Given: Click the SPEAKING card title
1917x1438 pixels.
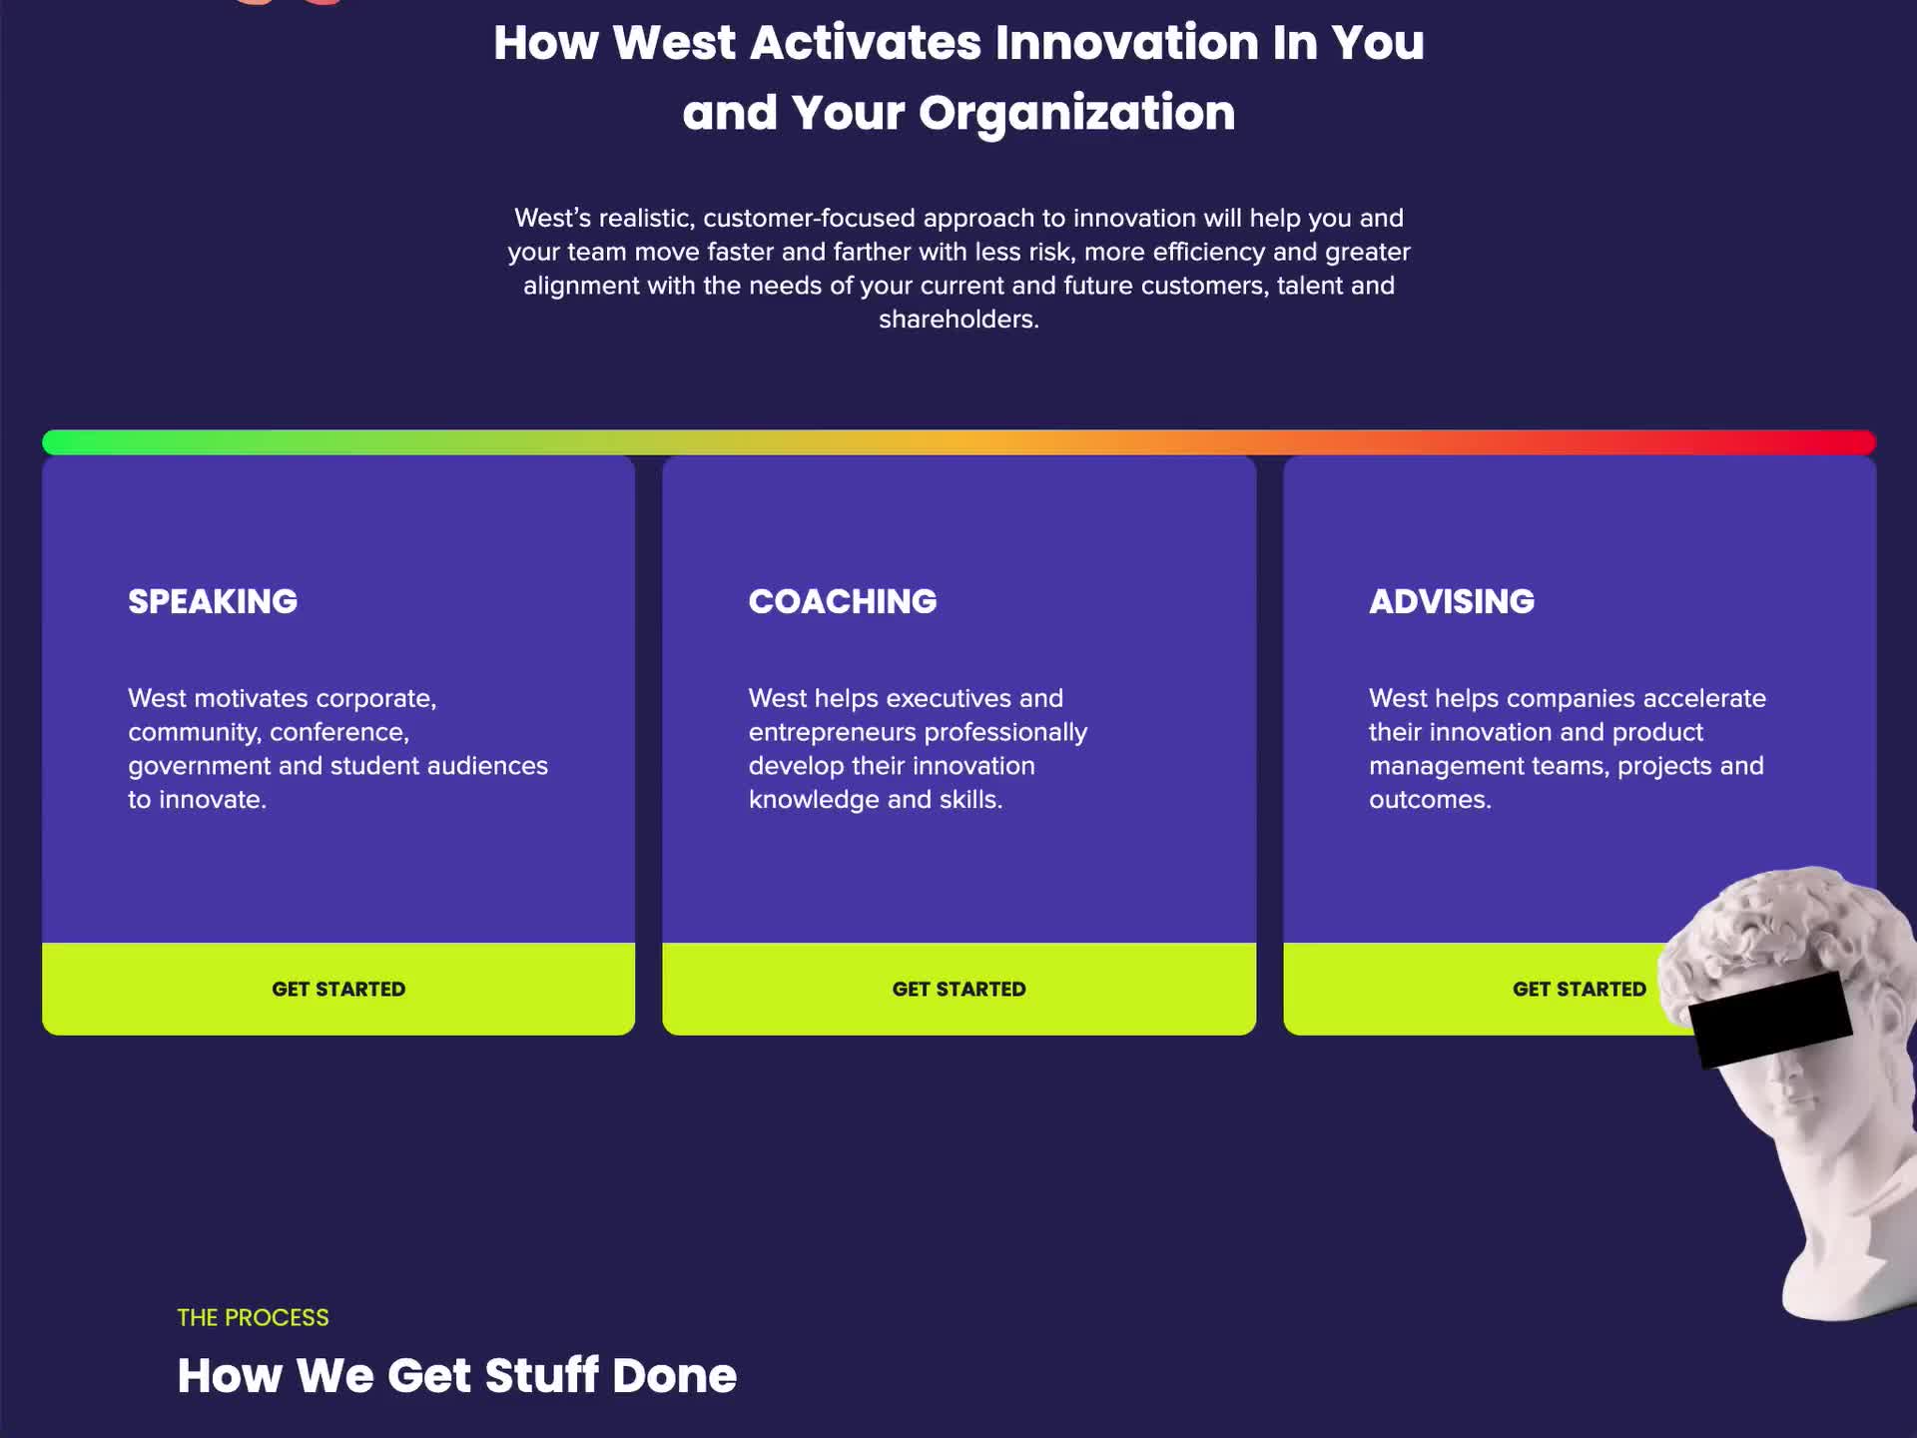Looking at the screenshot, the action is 213,601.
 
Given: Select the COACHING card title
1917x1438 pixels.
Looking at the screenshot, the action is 843,601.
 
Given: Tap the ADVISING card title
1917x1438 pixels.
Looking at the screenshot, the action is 1452,601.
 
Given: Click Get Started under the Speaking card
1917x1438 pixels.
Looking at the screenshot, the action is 338,989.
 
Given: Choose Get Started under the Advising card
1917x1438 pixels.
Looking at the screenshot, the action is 1579,989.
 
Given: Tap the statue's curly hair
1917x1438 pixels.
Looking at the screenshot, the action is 1787,919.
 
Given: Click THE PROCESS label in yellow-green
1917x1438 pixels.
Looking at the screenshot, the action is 253,1317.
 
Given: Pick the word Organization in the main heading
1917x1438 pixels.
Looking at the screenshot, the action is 1076,114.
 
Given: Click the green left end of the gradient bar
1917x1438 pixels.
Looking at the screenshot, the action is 50,442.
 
